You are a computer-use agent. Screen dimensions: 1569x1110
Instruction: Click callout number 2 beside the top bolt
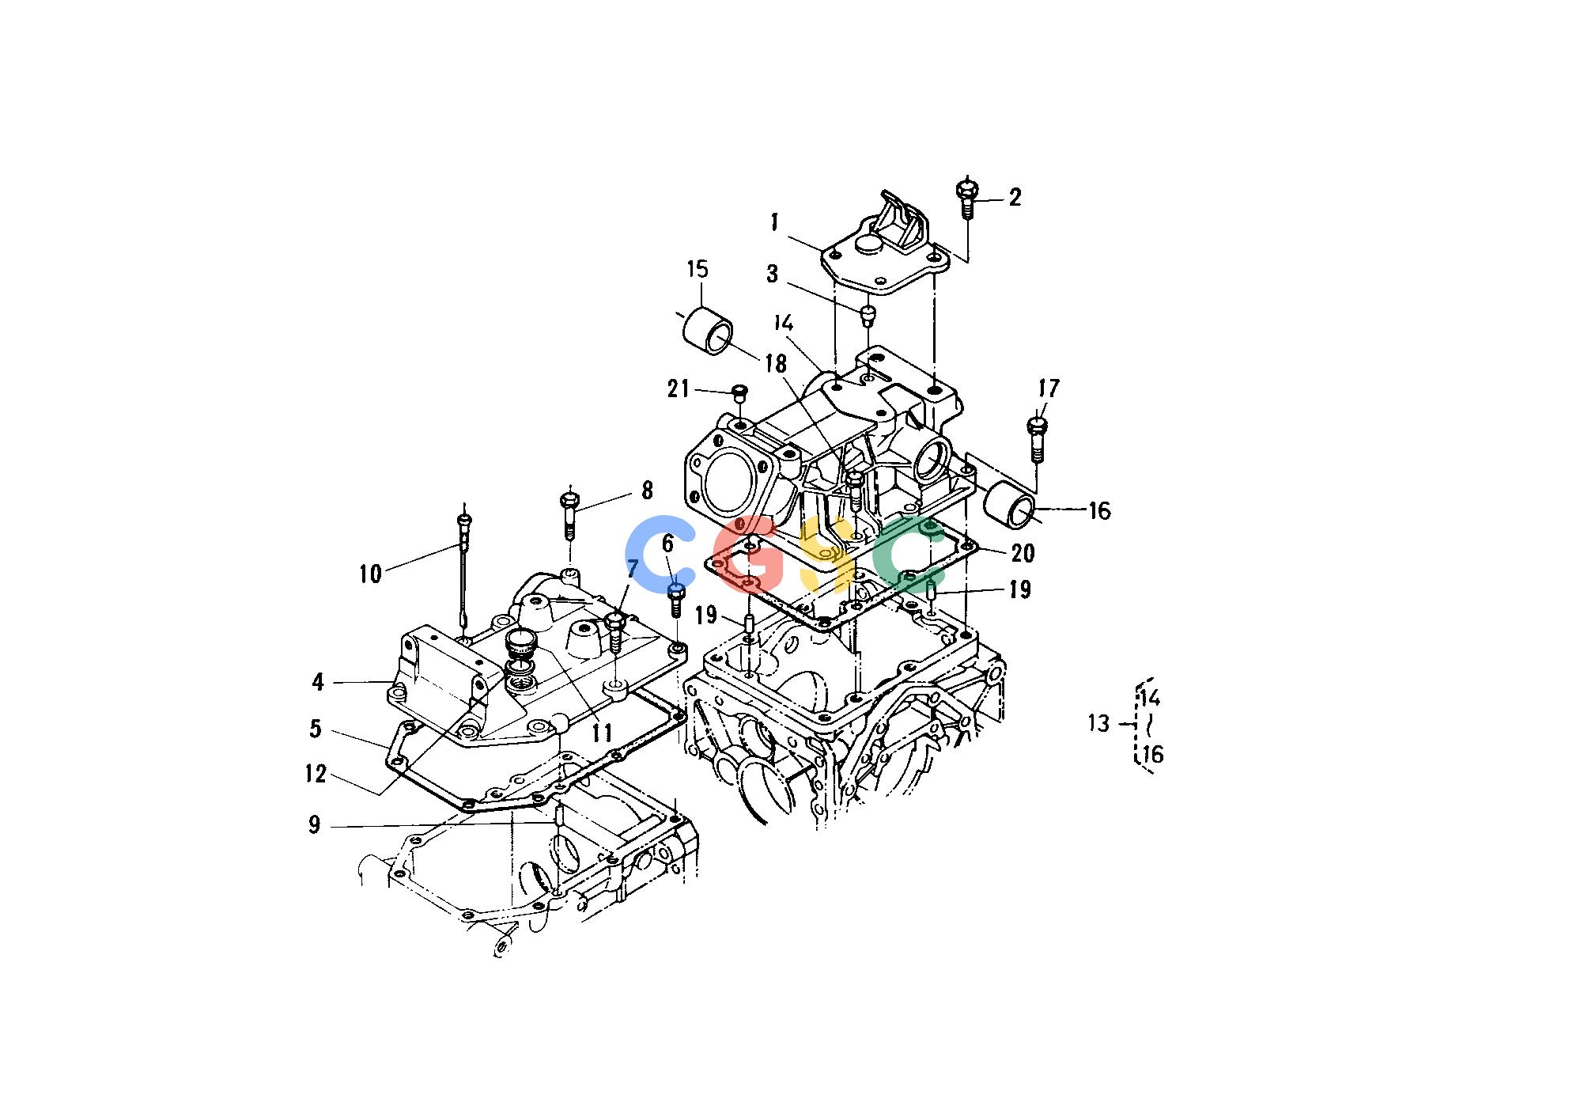pyautogui.click(x=1015, y=197)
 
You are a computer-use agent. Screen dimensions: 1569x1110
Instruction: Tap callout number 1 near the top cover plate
pyautogui.click(x=775, y=222)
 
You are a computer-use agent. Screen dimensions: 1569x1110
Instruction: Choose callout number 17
pyautogui.click(x=1049, y=389)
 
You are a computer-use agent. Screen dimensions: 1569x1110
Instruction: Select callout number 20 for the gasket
pyautogui.click(x=1023, y=553)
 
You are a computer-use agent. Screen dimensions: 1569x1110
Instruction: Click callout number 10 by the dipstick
pyautogui.click(x=370, y=574)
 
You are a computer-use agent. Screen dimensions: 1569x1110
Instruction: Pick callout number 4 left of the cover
pyautogui.click(x=318, y=682)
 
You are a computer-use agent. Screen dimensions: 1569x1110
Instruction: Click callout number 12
pyautogui.click(x=316, y=774)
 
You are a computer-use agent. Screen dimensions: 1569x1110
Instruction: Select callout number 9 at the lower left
pyautogui.click(x=314, y=825)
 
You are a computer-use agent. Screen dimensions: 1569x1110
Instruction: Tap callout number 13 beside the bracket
pyautogui.click(x=1098, y=723)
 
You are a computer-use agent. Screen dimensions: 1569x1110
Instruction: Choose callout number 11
pyautogui.click(x=603, y=733)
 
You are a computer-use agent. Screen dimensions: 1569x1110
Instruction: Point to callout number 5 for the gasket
pyautogui.click(x=316, y=728)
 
